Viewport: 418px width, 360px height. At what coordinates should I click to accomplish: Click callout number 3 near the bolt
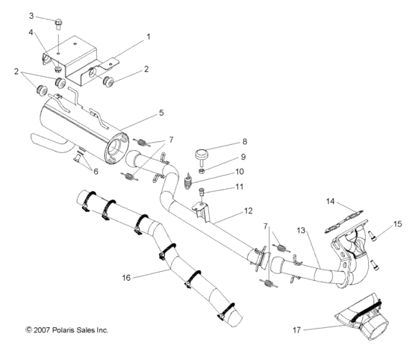point(31,15)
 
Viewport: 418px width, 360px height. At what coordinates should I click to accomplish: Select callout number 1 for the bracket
point(148,36)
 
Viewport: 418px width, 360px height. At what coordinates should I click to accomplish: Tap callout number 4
point(31,32)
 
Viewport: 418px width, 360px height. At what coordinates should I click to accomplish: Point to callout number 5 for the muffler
point(160,114)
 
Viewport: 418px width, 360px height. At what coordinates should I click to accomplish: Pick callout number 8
point(244,141)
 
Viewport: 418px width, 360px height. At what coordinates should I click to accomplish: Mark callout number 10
point(240,171)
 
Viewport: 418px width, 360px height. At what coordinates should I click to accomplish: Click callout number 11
point(240,187)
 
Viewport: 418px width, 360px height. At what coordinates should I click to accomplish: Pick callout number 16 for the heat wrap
point(128,277)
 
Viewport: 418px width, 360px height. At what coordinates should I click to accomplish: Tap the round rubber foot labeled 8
point(200,154)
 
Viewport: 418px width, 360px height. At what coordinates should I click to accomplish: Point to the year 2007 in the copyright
point(42,329)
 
